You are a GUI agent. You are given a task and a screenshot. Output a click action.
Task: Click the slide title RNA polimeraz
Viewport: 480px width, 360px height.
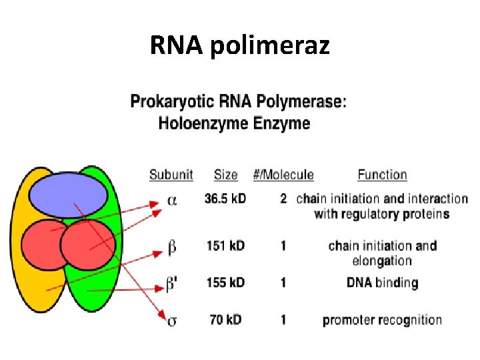tap(239, 45)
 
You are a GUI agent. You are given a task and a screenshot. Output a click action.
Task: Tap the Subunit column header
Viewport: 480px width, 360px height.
tap(171, 175)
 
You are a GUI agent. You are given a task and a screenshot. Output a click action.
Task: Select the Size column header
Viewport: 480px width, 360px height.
tap(225, 175)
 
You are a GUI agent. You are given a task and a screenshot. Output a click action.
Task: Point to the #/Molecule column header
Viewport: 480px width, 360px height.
tap(283, 175)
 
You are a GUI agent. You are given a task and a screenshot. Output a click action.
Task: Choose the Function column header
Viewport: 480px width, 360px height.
tap(382, 175)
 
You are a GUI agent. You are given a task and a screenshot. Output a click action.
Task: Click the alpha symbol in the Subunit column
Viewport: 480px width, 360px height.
tap(172, 200)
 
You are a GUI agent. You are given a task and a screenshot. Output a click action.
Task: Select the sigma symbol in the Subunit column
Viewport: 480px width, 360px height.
tap(172, 321)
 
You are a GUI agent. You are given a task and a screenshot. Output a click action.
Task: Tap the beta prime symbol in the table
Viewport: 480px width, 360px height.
tap(172, 284)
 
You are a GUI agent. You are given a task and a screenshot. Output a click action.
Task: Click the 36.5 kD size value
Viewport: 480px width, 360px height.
tap(225, 199)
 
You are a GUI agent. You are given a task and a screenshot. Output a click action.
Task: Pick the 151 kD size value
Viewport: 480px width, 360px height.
tap(225, 246)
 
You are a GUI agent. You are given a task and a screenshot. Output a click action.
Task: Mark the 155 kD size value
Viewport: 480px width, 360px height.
tap(225, 283)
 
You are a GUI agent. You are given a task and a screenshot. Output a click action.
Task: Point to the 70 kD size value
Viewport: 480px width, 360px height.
tap(225, 320)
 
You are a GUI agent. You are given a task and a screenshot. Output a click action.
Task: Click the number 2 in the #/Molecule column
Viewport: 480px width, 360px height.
tap(283, 199)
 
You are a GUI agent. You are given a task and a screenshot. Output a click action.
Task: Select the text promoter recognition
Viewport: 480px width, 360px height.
tap(382, 320)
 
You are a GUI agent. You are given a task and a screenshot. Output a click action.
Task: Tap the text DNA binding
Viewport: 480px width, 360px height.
tap(382, 283)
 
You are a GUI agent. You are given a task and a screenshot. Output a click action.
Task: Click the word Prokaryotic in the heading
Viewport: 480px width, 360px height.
tap(169, 102)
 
